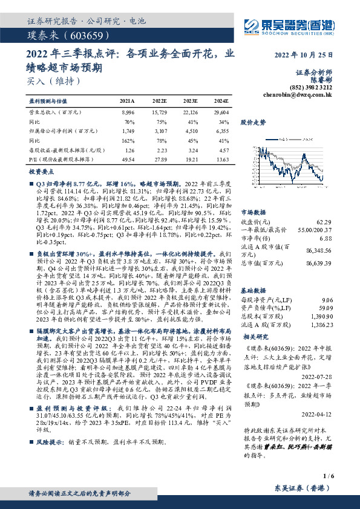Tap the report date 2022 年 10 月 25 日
[x=299, y=55]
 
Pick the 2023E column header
[x=189, y=101]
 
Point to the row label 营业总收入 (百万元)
[x=56, y=112]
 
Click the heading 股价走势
[x=254, y=122]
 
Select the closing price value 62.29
[x=325, y=223]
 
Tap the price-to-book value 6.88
[x=326, y=238]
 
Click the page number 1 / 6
[x=327, y=476]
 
